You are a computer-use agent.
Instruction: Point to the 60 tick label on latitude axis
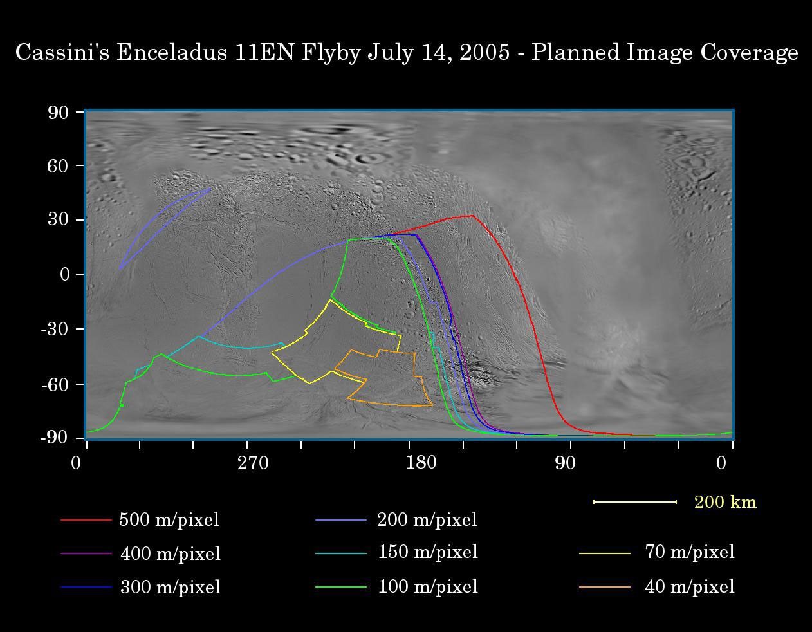point(58,166)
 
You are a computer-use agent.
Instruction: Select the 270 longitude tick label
point(253,463)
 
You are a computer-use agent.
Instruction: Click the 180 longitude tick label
point(421,463)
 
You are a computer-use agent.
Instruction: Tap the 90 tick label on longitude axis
point(565,463)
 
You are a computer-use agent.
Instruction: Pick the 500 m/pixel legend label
point(169,519)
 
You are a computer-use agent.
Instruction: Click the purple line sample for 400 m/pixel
point(86,553)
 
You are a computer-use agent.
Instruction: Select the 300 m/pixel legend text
point(171,587)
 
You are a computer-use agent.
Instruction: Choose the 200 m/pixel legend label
point(427,519)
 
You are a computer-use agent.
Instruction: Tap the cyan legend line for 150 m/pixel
point(340,553)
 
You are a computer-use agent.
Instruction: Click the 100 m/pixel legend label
point(427,586)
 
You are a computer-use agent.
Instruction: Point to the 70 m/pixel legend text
point(689,552)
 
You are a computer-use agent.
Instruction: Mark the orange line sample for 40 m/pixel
point(604,587)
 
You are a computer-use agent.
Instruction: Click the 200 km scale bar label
point(725,502)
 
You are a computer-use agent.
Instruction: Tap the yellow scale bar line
point(634,501)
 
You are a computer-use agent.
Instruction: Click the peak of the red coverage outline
point(472,216)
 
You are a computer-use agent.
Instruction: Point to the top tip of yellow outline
point(331,300)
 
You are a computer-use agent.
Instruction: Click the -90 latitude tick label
point(54,438)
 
